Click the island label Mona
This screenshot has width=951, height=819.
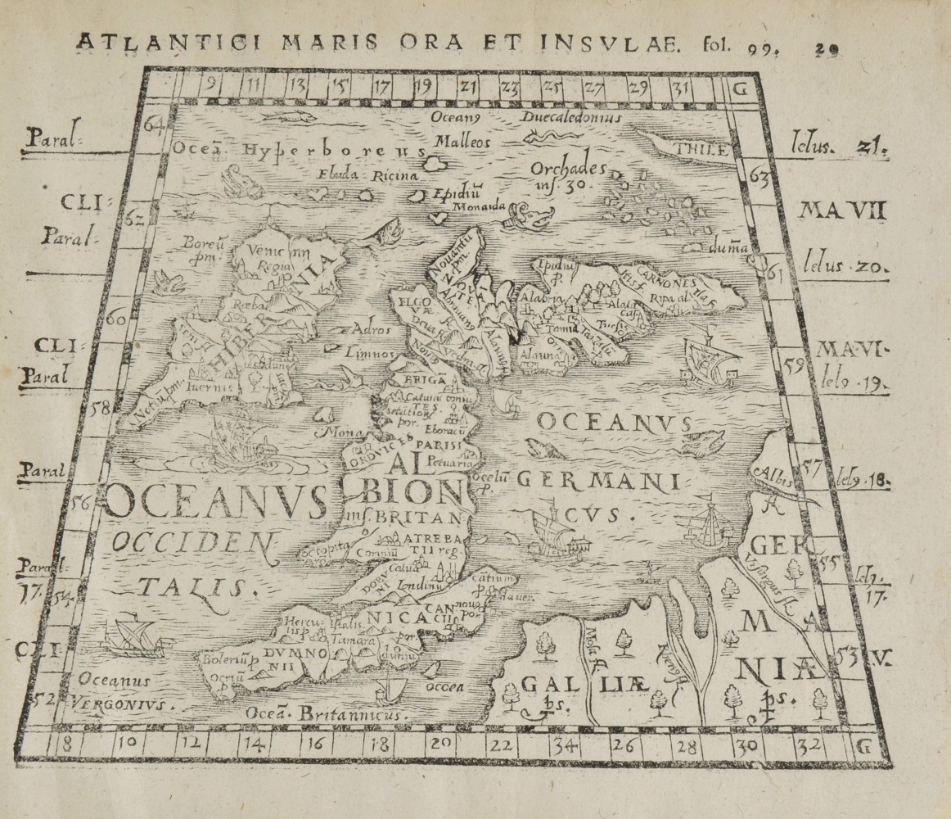336,432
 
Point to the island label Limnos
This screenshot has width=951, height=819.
366,355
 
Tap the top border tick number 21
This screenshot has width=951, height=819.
466,84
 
